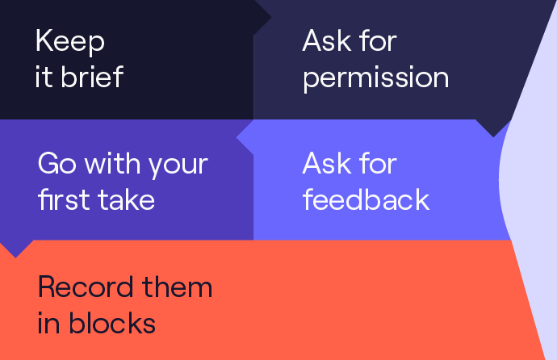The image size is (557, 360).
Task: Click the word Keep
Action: [x=70, y=41]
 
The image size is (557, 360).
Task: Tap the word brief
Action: [x=92, y=77]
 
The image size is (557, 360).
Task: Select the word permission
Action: [x=376, y=79]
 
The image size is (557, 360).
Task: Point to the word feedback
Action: [x=366, y=199]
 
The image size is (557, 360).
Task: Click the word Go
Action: [x=57, y=163]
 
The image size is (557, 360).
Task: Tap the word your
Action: [x=178, y=166]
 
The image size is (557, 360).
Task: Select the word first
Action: [x=65, y=199]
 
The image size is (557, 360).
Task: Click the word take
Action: [x=127, y=199]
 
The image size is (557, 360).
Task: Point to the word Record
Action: [x=86, y=287]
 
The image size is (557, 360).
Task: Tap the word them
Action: [x=178, y=287]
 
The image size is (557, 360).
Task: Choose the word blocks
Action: [x=112, y=323]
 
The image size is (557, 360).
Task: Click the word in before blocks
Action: [x=48, y=323]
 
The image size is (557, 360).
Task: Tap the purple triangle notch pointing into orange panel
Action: [x=15, y=248]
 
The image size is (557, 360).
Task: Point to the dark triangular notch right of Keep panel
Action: [x=262, y=17]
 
